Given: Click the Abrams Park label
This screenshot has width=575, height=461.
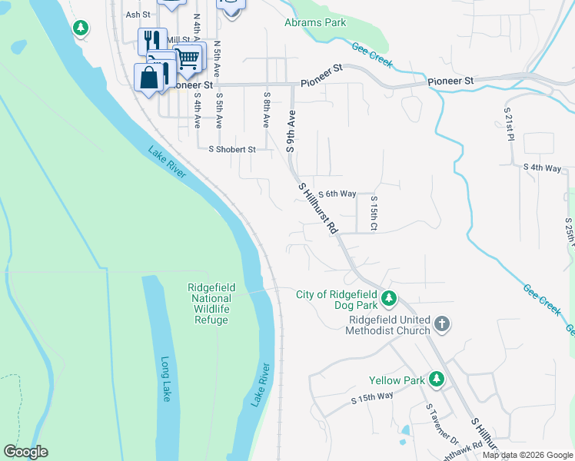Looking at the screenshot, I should click(x=315, y=23).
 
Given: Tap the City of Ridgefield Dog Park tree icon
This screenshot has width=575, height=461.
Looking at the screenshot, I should click(x=389, y=297).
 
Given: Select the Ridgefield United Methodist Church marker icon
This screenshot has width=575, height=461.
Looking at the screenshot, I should click(x=441, y=324).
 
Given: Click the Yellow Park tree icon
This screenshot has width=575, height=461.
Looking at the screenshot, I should click(x=437, y=379).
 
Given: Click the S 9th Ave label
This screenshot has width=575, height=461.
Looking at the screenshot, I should click(x=291, y=131).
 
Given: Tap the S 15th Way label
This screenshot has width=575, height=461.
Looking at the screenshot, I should click(x=372, y=396).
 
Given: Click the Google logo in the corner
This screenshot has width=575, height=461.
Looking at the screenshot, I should click(x=25, y=452).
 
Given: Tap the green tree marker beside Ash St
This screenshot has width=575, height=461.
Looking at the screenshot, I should click(x=80, y=28).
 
